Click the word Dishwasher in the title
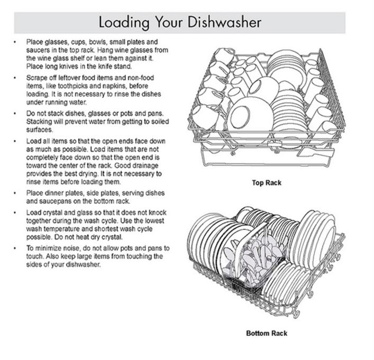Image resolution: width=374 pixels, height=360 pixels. pyautogui.click(x=224, y=22)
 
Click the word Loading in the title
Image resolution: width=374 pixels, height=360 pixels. pyautogui.click(x=124, y=23)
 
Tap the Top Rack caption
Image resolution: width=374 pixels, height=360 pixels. pyautogui.click(x=267, y=183)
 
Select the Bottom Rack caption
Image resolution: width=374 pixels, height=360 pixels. pyautogui.click(x=267, y=333)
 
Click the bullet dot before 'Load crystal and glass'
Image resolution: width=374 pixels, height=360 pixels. pyautogui.click(x=15, y=212)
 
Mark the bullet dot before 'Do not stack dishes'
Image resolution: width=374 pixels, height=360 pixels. pyautogui.click(x=15, y=113)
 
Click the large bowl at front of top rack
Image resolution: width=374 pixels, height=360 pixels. pyautogui.click(x=250, y=119)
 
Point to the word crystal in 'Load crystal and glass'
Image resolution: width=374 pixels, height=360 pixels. pyautogui.click(x=49, y=213)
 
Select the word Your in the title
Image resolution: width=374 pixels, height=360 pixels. pyautogui.click(x=169, y=22)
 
